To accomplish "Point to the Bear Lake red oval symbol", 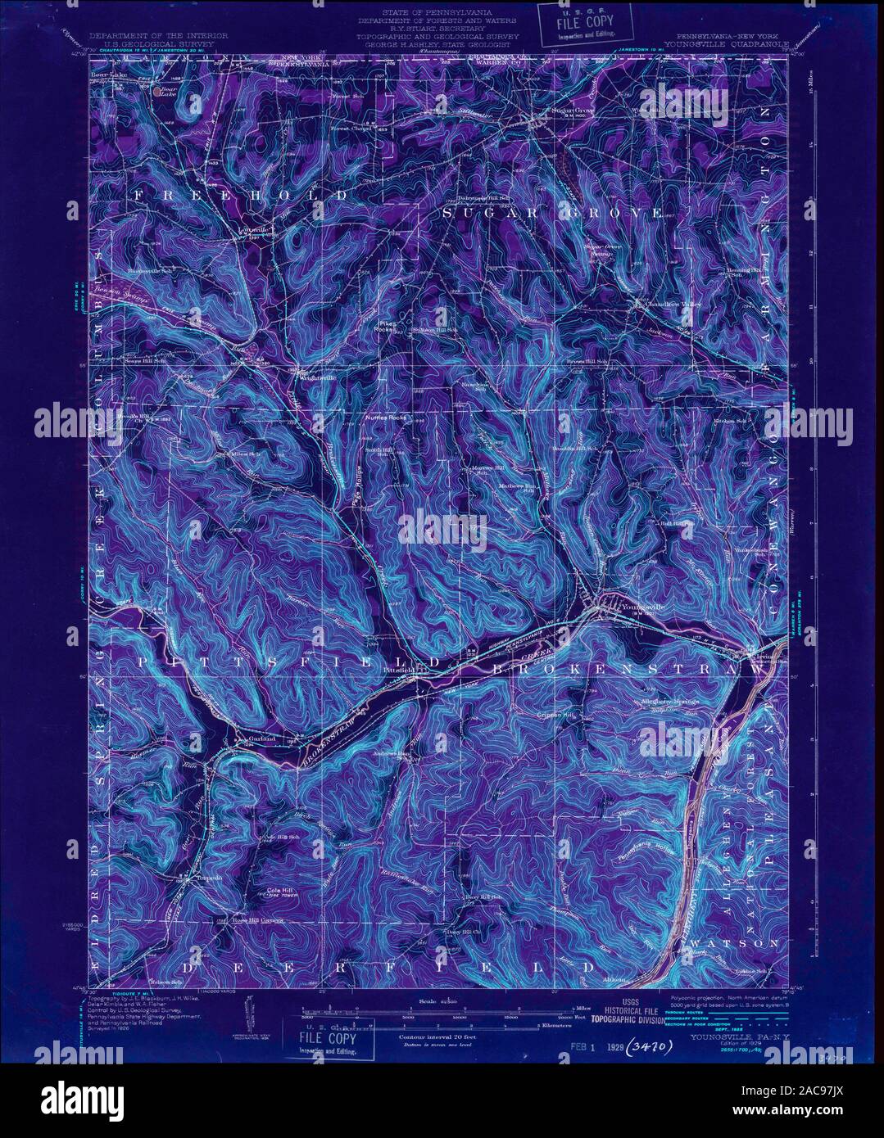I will (x=157, y=92).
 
